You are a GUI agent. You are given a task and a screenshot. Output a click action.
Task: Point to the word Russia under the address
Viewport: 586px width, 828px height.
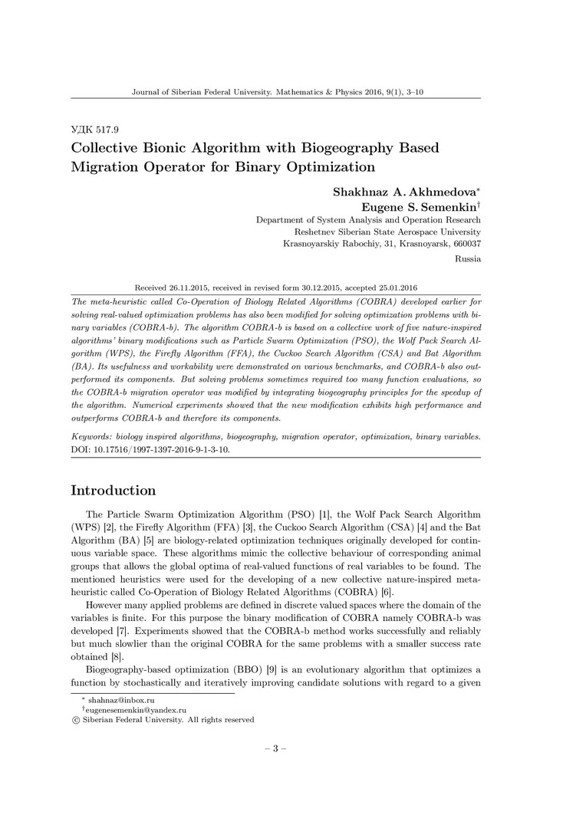pyautogui.click(x=468, y=258)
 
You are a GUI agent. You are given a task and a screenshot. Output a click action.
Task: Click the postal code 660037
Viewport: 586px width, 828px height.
pyautogui.click(x=464, y=244)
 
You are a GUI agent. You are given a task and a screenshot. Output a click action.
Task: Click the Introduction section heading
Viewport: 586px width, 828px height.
pyautogui.click(x=114, y=491)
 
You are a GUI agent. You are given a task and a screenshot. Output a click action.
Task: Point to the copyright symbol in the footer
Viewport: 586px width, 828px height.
pyautogui.click(x=75, y=720)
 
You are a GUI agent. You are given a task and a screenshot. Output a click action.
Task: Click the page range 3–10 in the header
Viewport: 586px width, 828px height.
pyautogui.click(x=413, y=91)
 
